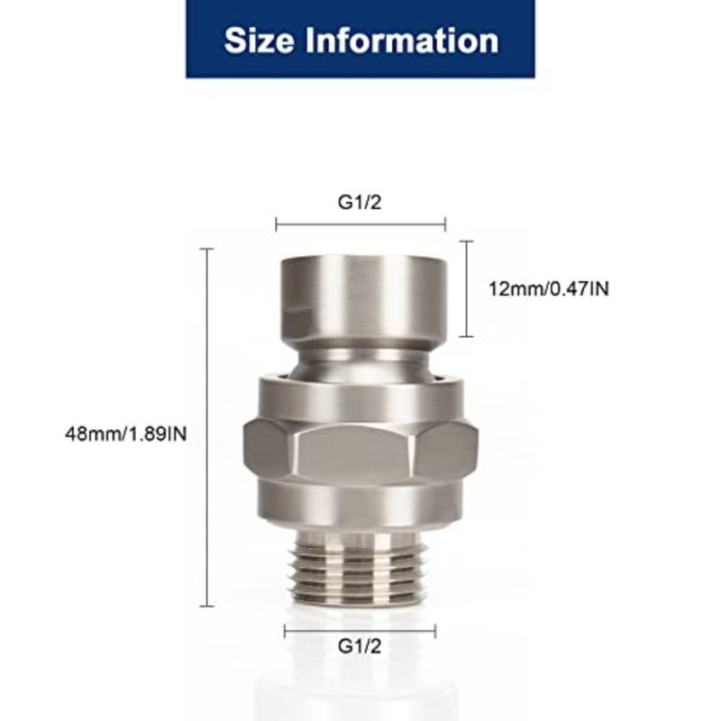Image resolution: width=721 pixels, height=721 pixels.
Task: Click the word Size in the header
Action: (x=259, y=41)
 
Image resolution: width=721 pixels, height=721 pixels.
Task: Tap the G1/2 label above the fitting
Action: (x=360, y=202)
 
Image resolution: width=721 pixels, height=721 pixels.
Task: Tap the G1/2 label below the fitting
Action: (x=360, y=646)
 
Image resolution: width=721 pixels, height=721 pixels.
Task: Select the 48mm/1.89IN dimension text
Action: (x=126, y=434)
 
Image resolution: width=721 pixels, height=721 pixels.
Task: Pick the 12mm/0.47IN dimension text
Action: (x=549, y=289)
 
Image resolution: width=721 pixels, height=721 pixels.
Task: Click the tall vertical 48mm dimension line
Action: (x=207, y=427)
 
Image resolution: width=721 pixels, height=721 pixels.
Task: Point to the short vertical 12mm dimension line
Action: (x=466, y=288)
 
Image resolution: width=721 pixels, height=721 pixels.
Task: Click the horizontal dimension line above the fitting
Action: (x=360, y=224)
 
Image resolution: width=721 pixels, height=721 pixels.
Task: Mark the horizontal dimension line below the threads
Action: (x=360, y=632)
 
